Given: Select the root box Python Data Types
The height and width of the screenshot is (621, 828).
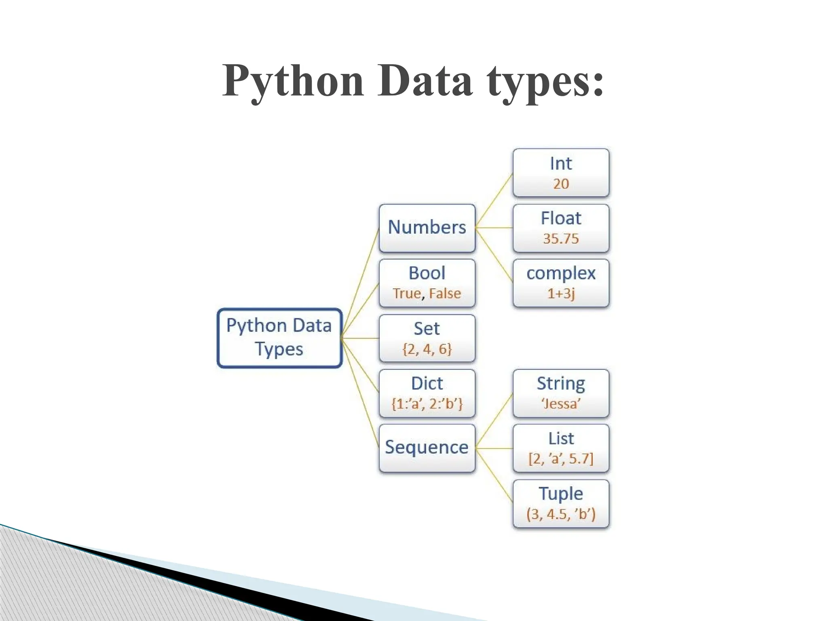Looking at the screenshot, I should pyautogui.click(x=279, y=338).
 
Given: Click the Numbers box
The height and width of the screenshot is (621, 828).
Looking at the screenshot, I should pyautogui.click(x=427, y=228).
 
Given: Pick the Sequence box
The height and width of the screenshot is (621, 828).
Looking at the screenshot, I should pyautogui.click(x=427, y=448).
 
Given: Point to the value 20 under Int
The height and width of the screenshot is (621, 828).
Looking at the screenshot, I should pyautogui.click(x=561, y=184).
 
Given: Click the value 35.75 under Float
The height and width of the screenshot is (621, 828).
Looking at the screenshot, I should pyautogui.click(x=561, y=239).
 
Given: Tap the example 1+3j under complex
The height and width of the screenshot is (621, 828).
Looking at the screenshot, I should pyautogui.click(x=561, y=294).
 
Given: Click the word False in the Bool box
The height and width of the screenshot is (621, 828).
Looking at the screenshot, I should pyautogui.click(x=445, y=294).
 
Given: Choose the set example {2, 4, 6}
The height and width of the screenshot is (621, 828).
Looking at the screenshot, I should pyautogui.click(x=427, y=349).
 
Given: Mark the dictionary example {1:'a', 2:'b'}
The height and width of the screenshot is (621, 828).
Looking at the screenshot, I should pyautogui.click(x=427, y=404).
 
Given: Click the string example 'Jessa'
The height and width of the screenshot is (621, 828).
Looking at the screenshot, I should pyautogui.click(x=561, y=404).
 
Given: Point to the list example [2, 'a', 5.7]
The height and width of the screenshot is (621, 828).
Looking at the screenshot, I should pyautogui.click(x=561, y=459).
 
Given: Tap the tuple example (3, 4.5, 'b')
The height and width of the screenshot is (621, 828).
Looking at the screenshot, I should pyautogui.click(x=561, y=514).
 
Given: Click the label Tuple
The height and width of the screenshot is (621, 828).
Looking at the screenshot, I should pyautogui.click(x=561, y=494).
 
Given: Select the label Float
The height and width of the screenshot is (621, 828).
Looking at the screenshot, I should pyautogui.click(x=561, y=218).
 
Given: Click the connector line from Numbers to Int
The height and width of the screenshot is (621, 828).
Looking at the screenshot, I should pyautogui.click(x=494, y=201).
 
